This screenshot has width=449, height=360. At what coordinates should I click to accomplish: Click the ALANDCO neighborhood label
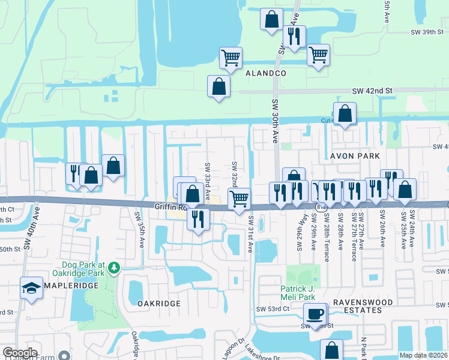[x=265, y=73]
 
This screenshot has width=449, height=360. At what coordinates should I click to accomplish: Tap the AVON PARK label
[x=354, y=156]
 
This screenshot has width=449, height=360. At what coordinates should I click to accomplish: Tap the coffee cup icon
[x=315, y=314]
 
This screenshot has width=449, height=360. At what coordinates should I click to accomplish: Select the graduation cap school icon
[x=31, y=288]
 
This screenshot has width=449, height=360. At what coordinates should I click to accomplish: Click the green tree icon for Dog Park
[x=113, y=268]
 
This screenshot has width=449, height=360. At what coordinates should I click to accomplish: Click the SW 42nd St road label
[x=372, y=91]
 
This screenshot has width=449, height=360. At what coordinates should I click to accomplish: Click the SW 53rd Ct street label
[x=273, y=309]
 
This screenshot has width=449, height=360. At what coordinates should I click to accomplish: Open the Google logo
[x=20, y=353]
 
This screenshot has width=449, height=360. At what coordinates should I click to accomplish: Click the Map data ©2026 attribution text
[x=423, y=355]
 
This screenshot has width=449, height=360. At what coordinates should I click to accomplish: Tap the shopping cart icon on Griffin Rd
[x=239, y=198]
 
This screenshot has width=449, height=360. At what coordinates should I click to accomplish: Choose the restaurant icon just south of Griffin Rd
[x=198, y=219]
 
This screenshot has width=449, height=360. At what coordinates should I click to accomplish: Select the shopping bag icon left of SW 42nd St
[x=218, y=86]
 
